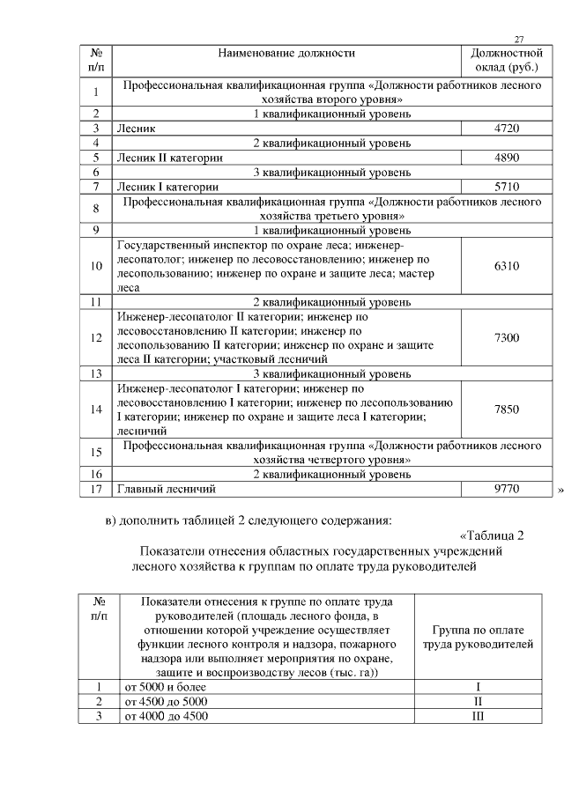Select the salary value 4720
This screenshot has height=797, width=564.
pyautogui.click(x=507, y=129)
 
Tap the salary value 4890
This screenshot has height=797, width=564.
pyautogui.click(x=507, y=158)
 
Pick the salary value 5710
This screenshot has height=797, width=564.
pyautogui.click(x=507, y=187)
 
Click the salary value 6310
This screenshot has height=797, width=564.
pyautogui.click(x=507, y=265)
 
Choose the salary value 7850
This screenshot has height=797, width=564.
pyautogui.click(x=507, y=409)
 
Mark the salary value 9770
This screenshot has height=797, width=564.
pyautogui.click(x=507, y=488)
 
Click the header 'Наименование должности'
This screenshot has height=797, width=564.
pyautogui.click(x=286, y=54)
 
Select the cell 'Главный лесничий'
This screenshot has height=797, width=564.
pyautogui.click(x=167, y=488)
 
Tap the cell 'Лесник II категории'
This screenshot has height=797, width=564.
pyautogui.click(x=169, y=158)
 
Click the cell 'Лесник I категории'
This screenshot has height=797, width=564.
pyautogui.click(x=167, y=187)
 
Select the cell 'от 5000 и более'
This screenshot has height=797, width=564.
pyautogui.click(x=165, y=686)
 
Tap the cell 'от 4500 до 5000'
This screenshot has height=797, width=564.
pyautogui.click(x=167, y=701)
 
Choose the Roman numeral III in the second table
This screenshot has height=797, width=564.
pyautogui.click(x=477, y=715)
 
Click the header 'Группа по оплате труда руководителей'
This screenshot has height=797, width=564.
pyautogui.click(x=477, y=638)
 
